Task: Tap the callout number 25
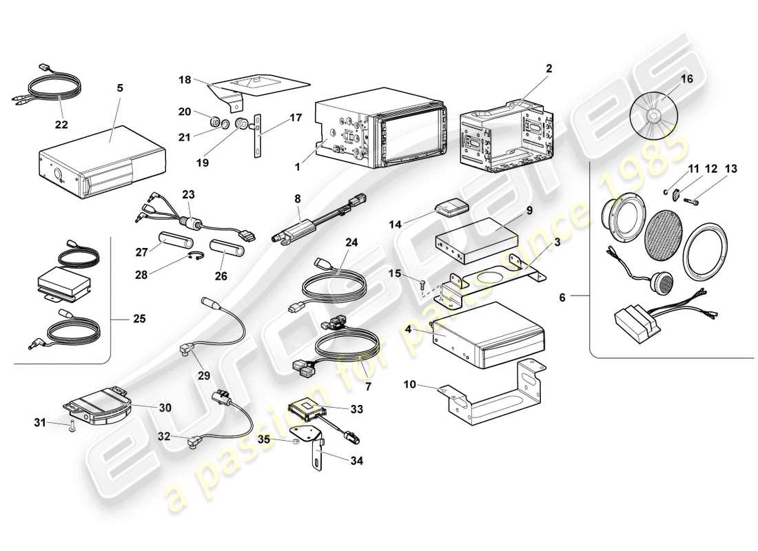(x=140, y=320)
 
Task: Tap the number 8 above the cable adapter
(x=297, y=200)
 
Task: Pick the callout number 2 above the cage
(x=549, y=68)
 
